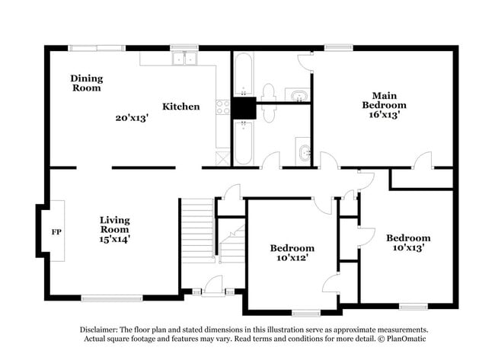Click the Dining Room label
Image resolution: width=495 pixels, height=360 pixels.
click(x=87, y=83)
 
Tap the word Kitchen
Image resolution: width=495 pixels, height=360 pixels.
click(x=181, y=107)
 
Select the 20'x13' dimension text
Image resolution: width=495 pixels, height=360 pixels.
click(x=131, y=118)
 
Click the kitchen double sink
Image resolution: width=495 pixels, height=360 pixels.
click(x=184, y=59)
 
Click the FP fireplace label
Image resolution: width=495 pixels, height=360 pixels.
click(x=56, y=231)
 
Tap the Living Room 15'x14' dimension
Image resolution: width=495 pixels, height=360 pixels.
click(x=115, y=238)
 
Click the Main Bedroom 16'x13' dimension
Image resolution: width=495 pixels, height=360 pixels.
click(x=384, y=115)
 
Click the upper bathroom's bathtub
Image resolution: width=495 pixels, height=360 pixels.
click(x=244, y=75)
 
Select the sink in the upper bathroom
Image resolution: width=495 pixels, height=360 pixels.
click(x=298, y=95)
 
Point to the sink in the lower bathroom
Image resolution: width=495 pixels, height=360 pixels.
click(x=304, y=152)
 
